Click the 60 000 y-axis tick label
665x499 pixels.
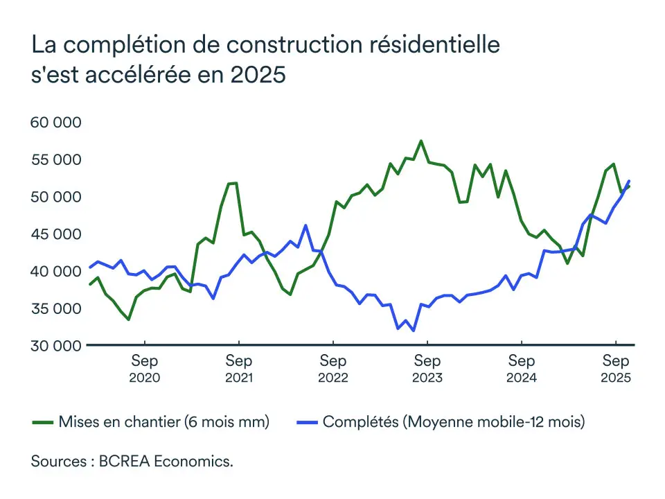[56, 123]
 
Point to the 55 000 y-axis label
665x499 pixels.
[56, 159]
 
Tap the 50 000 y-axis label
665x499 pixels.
[56, 197]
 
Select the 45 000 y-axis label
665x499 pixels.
[56, 234]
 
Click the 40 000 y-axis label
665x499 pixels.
[56, 271]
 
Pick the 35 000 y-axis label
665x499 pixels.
[56, 308]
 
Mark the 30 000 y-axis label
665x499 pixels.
[56, 345]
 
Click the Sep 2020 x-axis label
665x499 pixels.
[145, 369]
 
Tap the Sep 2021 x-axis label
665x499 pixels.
[239, 369]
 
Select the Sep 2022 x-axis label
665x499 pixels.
[333, 369]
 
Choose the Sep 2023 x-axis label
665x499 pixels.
[427, 369]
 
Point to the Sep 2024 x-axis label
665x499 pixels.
[522, 369]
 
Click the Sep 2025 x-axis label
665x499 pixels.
[616, 369]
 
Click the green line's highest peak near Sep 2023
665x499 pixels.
[420, 141]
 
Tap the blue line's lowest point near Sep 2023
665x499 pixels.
[414, 331]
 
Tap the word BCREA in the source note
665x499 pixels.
[121, 462]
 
